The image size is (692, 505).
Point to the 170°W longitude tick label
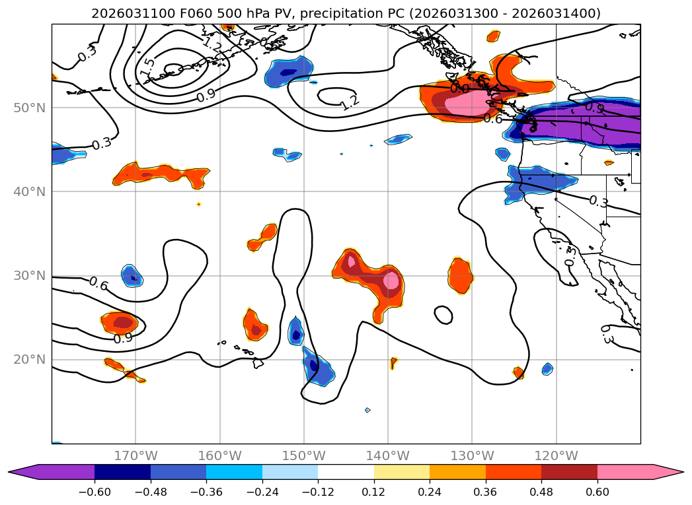point(135,455)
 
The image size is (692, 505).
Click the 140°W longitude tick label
point(388,455)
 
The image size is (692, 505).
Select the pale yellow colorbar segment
point(401,472)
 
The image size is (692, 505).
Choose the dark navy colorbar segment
point(122,472)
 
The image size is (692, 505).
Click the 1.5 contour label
point(147,66)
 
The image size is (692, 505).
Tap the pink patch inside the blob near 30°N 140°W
point(392,281)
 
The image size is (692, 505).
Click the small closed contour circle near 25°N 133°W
point(443,315)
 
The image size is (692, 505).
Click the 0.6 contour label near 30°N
point(98,283)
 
